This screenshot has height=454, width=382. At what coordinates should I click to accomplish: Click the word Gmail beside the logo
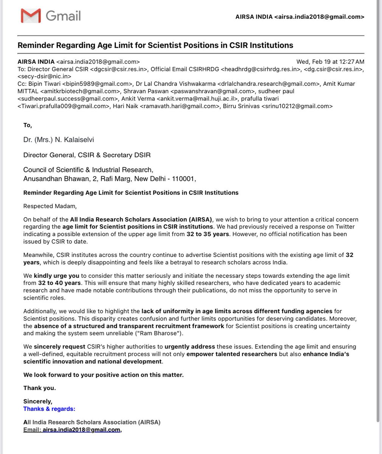coord(63,16)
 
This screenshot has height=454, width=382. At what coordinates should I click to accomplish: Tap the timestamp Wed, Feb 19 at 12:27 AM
coord(330,62)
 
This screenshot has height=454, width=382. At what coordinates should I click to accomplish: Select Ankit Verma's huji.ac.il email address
coord(197,99)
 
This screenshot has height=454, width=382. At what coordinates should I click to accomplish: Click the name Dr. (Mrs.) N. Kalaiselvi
coord(59,140)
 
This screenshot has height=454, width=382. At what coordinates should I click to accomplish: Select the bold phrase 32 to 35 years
coord(208,234)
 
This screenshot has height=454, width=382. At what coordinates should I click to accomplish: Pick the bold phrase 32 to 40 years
coord(59,283)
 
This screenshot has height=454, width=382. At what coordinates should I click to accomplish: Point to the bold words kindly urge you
coord(56,275)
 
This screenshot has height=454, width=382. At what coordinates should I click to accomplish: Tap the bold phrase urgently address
coord(189,347)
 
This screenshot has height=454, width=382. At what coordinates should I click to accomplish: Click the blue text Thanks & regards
coord(49,409)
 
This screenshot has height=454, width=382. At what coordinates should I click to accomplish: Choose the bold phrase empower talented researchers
coord(231,354)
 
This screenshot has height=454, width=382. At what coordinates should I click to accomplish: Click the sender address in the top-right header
coord(319,17)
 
